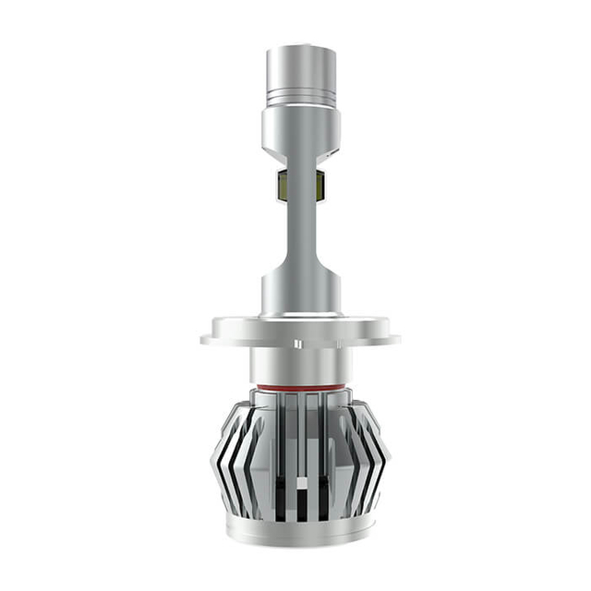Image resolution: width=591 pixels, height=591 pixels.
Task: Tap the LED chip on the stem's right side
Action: (x=320, y=187)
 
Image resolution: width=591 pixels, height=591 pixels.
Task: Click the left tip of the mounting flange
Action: (x=205, y=339)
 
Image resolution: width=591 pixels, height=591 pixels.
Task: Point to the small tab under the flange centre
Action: (x=298, y=347)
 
